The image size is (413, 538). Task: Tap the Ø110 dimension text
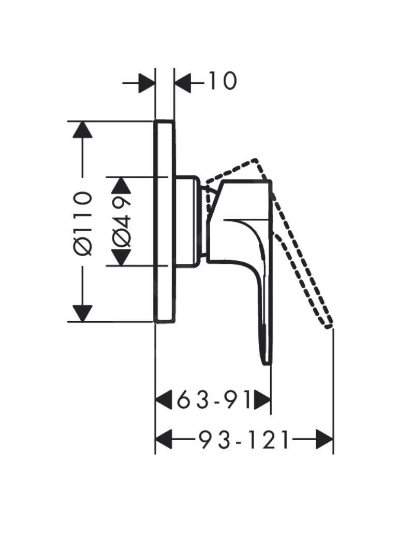point(83,222)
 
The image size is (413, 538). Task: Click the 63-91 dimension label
point(213,400)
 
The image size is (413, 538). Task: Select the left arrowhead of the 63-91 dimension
point(164,400)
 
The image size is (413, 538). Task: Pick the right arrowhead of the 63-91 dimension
point(262,400)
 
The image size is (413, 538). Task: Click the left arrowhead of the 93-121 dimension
point(164,441)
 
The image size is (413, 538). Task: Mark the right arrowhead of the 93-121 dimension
point(325,441)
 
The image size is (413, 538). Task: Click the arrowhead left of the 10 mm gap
point(147,82)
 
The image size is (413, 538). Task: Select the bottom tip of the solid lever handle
point(265,362)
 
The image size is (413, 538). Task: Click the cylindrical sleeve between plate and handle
point(187,221)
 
